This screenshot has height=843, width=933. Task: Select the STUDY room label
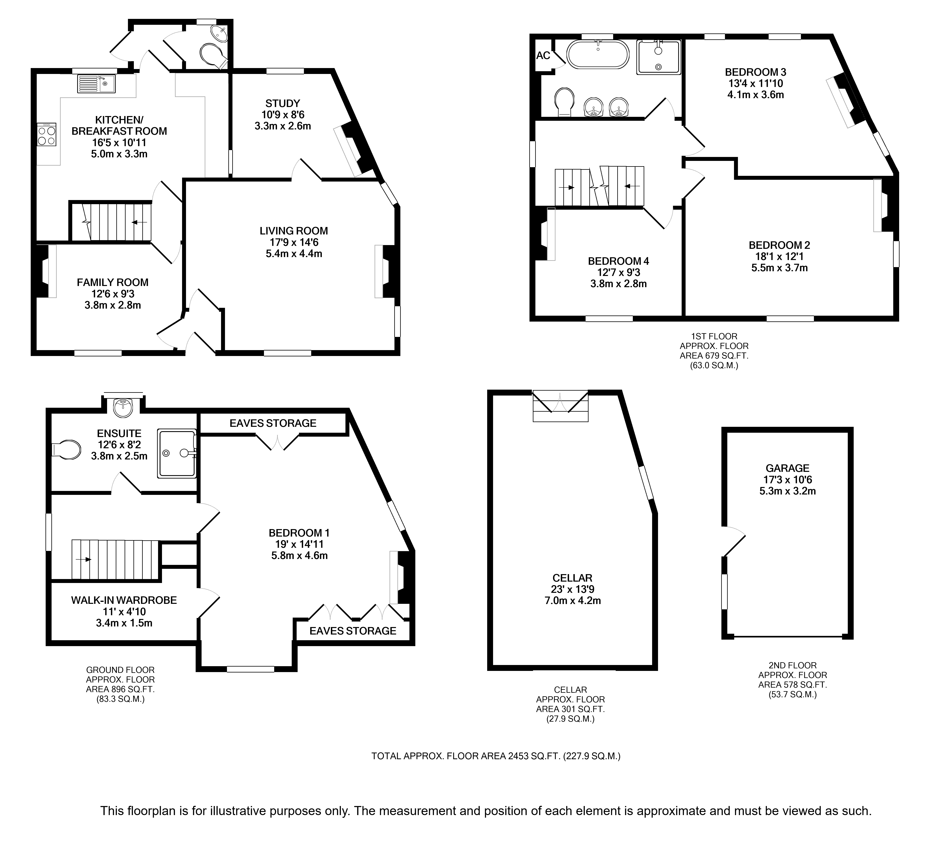(x=283, y=103)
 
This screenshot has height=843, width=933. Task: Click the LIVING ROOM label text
(x=294, y=231)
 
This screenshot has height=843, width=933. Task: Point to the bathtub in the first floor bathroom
(x=598, y=54)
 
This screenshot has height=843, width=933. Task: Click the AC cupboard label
(x=543, y=55)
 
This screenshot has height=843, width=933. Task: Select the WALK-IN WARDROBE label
(x=124, y=600)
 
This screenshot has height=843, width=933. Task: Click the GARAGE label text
(x=787, y=468)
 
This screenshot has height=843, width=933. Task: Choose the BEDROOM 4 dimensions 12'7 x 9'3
(x=618, y=272)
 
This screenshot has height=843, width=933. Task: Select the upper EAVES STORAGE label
(x=273, y=423)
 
